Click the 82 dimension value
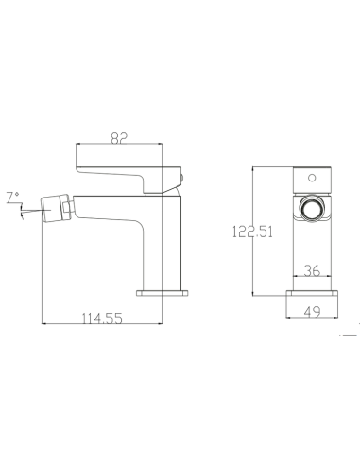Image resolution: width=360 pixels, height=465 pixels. click(119, 138)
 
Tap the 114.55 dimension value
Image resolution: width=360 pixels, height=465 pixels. click(102, 319)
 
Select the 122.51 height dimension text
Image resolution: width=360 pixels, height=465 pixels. click(252, 232)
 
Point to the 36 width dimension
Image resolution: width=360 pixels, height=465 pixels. click(312, 270)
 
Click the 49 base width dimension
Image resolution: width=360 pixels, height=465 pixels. click(312, 312)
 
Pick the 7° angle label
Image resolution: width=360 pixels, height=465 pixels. click(13, 198)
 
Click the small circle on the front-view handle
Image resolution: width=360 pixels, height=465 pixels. click(312, 178)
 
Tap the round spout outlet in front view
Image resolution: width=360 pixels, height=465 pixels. click(312, 209)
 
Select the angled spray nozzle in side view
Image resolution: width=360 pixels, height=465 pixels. click(54, 209)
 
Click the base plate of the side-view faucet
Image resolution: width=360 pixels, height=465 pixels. click(163, 293)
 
